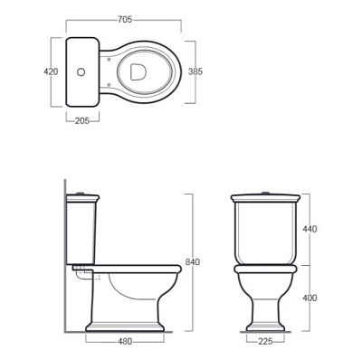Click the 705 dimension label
pyautogui.click(x=125, y=20)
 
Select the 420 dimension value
pyautogui.click(x=51, y=71)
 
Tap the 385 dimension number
pyautogui.click(x=195, y=71)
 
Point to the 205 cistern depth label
pyautogui.click(x=82, y=120)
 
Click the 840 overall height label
pyautogui.click(x=193, y=262)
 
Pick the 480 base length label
pyautogui.click(x=125, y=341)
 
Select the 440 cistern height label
pyautogui.click(x=310, y=229)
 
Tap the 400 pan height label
pyautogui.click(x=310, y=298)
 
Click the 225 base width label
pyautogui.click(x=265, y=341)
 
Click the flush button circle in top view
pyautogui.click(x=81, y=72)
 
